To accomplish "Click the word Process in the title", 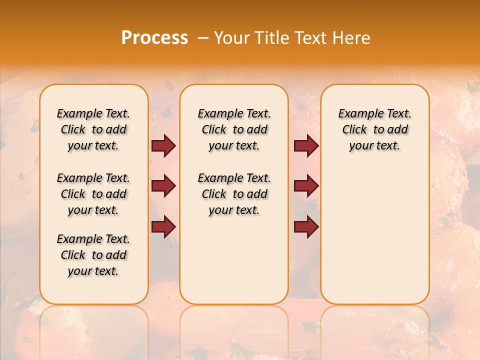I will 154,38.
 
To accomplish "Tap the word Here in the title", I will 352,38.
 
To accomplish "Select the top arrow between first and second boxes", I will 163,146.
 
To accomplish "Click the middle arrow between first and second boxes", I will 163,186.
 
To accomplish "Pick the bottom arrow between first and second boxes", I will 163,226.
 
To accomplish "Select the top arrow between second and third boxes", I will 306,146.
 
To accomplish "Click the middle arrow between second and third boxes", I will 306,186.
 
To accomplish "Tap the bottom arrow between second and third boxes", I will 306,226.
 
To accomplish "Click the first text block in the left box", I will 93,130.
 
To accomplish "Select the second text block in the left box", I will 93,194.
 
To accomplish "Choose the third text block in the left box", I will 93,255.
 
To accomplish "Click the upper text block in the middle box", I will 234,130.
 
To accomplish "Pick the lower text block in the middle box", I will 234,194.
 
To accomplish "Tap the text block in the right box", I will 374,130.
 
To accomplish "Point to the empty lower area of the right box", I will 374,235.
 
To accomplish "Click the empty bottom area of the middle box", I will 234,265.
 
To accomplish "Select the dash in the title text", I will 203,38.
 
